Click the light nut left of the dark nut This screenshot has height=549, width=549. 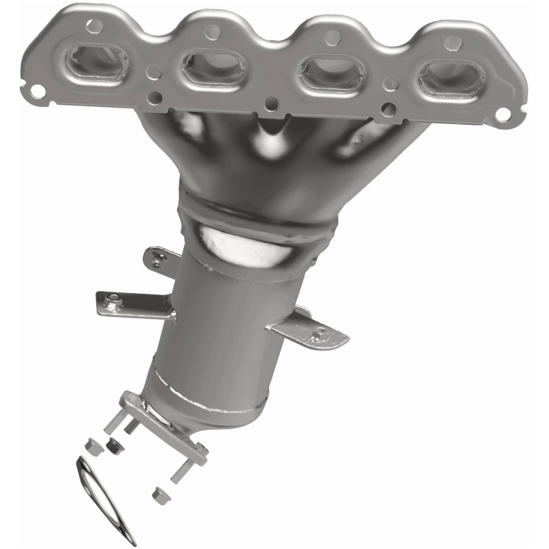(89, 444)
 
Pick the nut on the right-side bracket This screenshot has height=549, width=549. (318, 335)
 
